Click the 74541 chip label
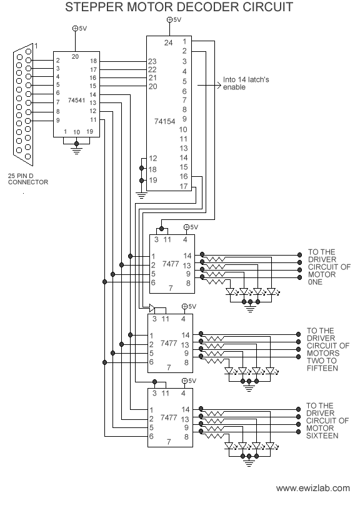pyautogui.click(x=76, y=101)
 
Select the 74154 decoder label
pyautogui.click(x=164, y=121)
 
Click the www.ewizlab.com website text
pyautogui.click(x=313, y=488)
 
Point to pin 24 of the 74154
pyautogui.click(x=169, y=42)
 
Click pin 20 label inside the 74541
pyautogui.click(x=75, y=57)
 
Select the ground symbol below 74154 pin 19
pyautogui.click(x=142, y=195)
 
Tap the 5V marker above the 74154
pyautogui.click(x=174, y=20)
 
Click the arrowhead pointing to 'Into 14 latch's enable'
pyautogui.click(x=219, y=86)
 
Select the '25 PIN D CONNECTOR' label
pyautogui.click(x=28, y=179)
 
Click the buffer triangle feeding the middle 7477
pyautogui.click(x=152, y=307)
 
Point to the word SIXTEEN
pyautogui.click(x=322, y=436)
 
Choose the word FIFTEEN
pyautogui.click(x=322, y=369)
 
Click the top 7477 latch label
pyautogui.click(x=171, y=264)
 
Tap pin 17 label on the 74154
pyautogui.click(x=184, y=186)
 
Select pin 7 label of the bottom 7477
pyautogui.click(x=169, y=442)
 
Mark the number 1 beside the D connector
pyautogui.click(x=36, y=46)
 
